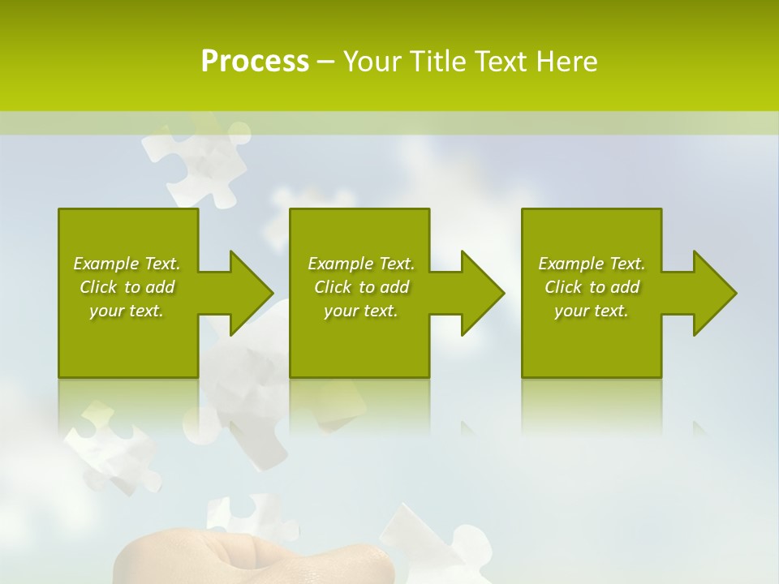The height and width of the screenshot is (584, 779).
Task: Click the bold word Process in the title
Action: pos(255,62)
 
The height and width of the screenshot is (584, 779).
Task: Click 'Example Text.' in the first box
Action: pos(127,264)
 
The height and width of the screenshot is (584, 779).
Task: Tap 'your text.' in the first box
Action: pos(127,311)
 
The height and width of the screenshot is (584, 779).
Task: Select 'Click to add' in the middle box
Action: pos(361,287)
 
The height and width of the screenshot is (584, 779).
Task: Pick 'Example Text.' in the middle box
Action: pos(361,264)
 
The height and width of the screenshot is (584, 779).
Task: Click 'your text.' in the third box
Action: pos(592,311)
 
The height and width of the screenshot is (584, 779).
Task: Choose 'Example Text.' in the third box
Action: pos(592,264)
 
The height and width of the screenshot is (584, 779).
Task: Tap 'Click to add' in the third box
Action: pos(592,287)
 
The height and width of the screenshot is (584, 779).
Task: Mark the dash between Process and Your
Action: pos(325,62)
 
